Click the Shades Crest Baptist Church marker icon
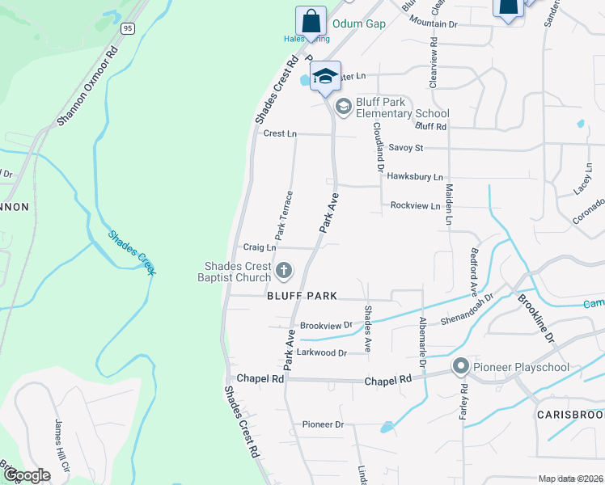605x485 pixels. point(284,269)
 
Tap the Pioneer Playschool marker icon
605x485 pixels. point(461,367)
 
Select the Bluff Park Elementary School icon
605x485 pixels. point(343,106)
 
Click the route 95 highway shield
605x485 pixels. point(128,28)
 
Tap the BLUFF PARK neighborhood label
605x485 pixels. point(301,297)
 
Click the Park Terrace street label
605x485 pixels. point(284,215)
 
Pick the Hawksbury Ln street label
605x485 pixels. point(416,176)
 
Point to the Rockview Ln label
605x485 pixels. point(415,206)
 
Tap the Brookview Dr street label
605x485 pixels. point(326,326)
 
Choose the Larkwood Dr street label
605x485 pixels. point(321,353)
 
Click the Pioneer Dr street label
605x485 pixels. point(323,424)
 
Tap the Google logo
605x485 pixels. point(27,474)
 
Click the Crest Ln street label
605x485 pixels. point(280,133)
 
